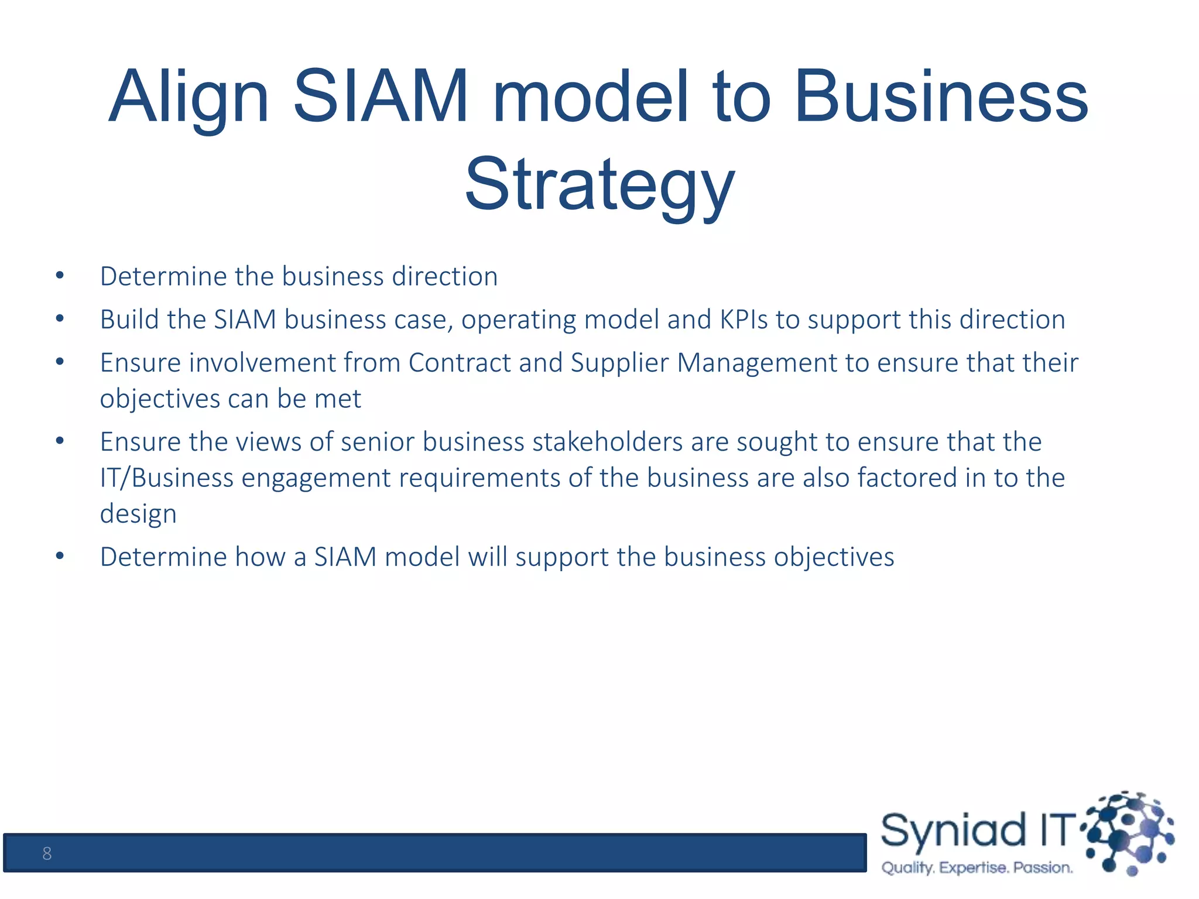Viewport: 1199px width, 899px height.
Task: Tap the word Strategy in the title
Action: [599, 184]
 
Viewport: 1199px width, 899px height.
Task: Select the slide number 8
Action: [47, 853]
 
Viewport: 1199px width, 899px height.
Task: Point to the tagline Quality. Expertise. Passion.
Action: [977, 867]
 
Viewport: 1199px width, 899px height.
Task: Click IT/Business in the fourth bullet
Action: [167, 478]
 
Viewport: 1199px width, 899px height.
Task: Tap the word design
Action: [138, 514]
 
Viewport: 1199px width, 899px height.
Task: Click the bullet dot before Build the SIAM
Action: [60, 319]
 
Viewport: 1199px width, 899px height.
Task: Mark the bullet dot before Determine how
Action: [60, 556]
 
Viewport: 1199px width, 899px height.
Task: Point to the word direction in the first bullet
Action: [445, 276]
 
